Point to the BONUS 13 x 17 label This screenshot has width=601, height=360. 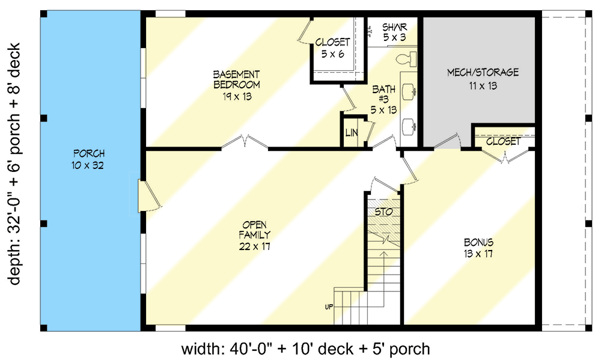(x=478, y=248)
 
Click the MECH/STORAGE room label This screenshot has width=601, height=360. (x=483, y=78)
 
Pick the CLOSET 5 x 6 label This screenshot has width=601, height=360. (x=332, y=47)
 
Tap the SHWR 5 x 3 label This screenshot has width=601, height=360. (x=395, y=32)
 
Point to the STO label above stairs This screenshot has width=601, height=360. (x=383, y=212)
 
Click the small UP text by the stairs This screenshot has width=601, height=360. (x=329, y=307)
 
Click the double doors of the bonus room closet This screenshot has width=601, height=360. (x=504, y=156)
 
